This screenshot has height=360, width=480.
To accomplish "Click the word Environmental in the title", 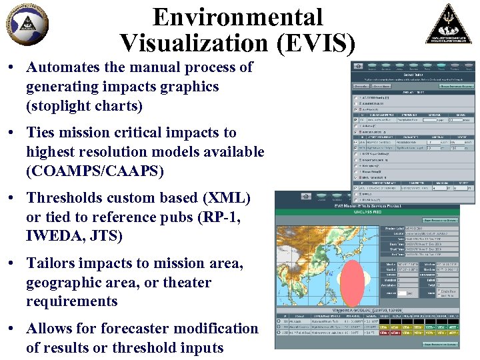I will [237, 17].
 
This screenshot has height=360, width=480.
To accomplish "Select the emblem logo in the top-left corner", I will [27, 25].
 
